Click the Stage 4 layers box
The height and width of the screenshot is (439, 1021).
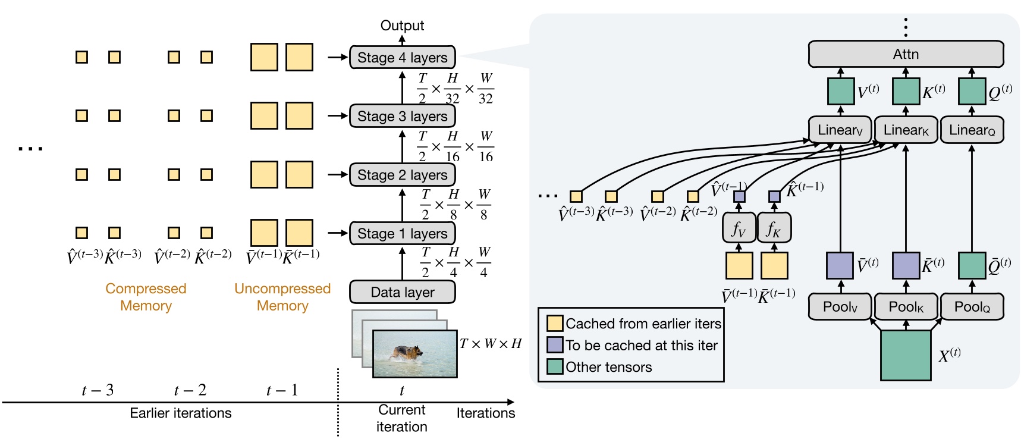[x=403, y=58]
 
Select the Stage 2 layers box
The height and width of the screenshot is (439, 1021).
[x=403, y=175]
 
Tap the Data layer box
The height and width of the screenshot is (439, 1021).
[x=403, y=292]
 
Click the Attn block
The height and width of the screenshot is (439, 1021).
[x=906, y=54]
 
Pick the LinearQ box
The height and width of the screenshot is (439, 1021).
[x=972, y=130]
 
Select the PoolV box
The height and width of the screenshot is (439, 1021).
[x=840, y=307]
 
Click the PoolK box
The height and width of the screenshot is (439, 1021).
[x=906, y=307]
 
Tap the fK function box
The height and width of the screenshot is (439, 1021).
[x=774, y=228]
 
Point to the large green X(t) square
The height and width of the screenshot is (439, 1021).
[x=906, y=355]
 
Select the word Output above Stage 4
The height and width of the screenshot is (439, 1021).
[x=402, y=26]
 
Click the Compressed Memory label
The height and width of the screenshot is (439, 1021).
[x=146, y=297]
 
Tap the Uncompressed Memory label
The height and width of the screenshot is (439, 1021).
[x=282, y=297]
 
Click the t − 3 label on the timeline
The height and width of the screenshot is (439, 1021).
[x=98, y=390]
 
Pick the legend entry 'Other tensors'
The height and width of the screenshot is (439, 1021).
[x=608, y=367]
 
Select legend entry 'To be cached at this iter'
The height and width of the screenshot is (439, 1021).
[x=641, y=345]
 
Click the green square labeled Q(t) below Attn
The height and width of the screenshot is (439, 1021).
[x=972, y=91]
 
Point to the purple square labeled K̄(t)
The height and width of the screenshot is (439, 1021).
[x=906, y=265]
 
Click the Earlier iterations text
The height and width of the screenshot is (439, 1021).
[x=181, y=413]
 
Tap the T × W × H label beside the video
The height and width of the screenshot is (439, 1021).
[x=490, y=344]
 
